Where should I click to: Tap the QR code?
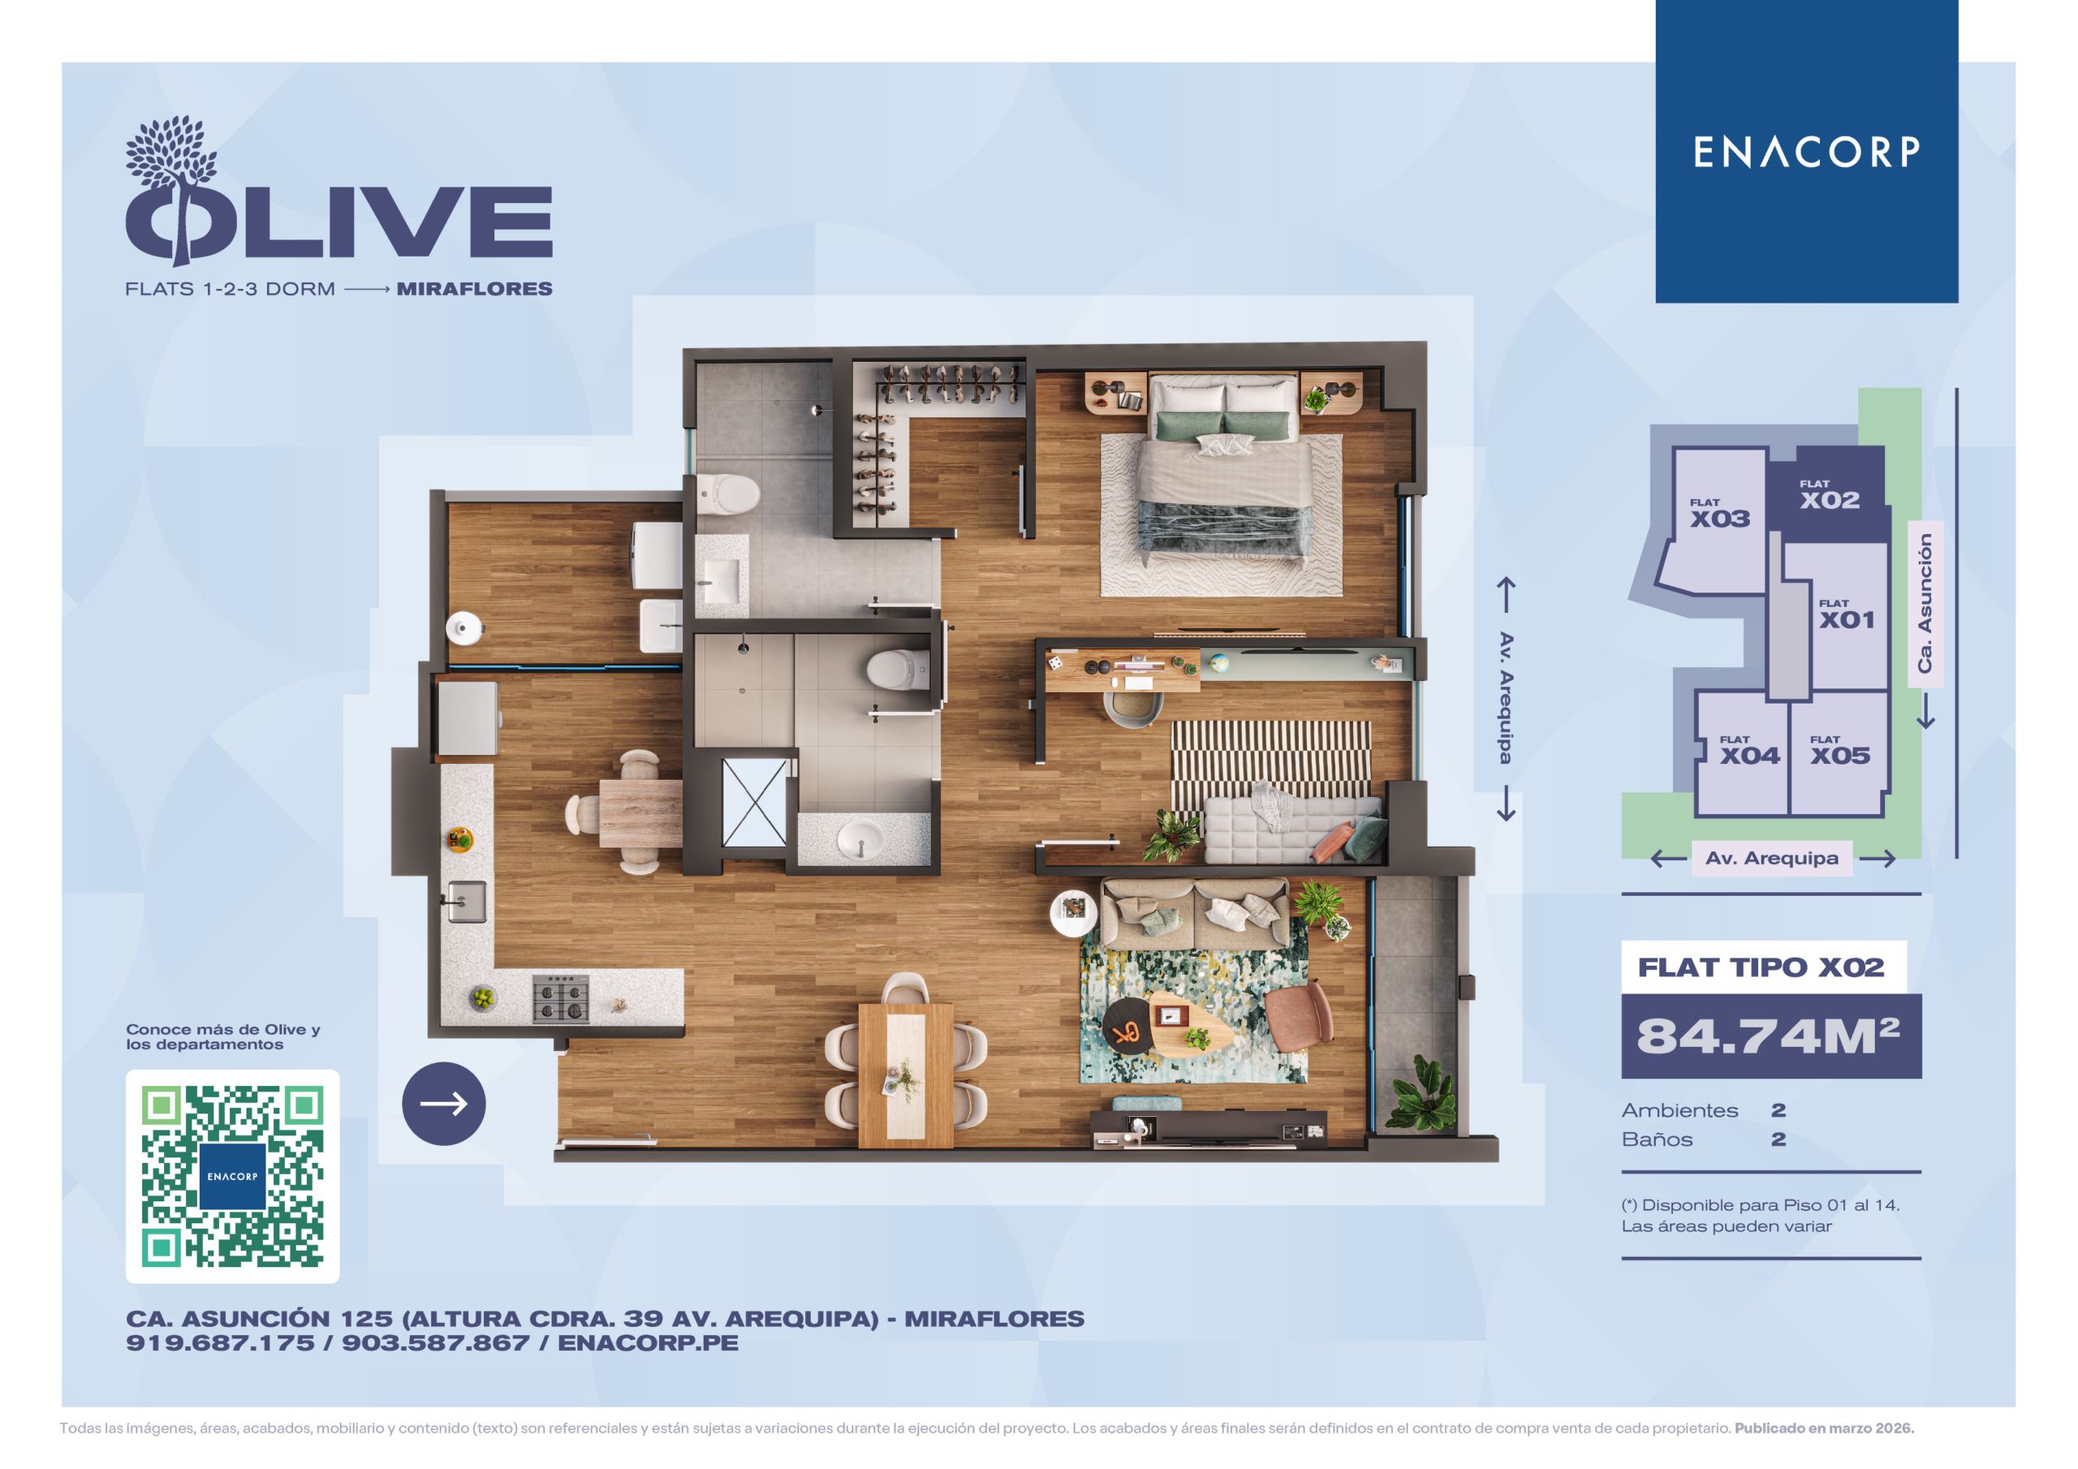tap(233, 1176)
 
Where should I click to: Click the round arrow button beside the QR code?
tap(443, 1103)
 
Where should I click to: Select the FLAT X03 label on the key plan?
tap(1719, 513)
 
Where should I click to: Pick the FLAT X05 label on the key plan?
tap(1840, 751)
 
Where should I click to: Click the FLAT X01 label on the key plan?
tap(1847, 614)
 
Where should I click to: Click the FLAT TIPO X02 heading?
tap(1761, 967)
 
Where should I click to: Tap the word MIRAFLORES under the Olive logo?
tap(474, 289)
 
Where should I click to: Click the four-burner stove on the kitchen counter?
tap(560, 999)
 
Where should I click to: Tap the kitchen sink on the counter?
tap(466, 903)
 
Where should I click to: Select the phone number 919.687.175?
tap(220, 1343)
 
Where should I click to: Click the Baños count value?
tap(1778, 1139)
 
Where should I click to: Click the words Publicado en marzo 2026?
tap(1824, 1428)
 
